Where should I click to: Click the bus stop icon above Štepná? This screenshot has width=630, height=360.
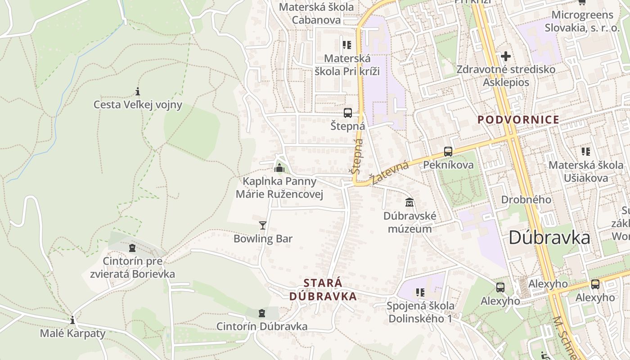click(x=347, y=113)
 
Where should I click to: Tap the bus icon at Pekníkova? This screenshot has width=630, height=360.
click(x=448, y=152)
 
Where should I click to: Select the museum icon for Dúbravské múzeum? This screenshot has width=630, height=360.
click(x=409, y=202)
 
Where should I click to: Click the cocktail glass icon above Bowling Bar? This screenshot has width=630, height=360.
click(x=263, y=225)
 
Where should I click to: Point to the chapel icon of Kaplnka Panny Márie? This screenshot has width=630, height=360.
click(x=279, y=168)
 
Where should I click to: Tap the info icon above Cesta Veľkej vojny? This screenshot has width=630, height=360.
click(x=138, y=92)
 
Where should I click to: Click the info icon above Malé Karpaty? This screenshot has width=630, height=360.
click(x=72, y=320)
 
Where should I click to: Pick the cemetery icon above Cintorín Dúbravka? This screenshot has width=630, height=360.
click(x=262, y=313)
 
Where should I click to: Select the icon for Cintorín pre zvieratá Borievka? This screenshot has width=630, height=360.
click(x=132, y=247)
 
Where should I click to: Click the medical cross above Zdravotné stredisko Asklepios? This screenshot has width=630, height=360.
click(x=506, y=56)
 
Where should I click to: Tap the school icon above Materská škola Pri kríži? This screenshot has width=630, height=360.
click(x=346, y=45)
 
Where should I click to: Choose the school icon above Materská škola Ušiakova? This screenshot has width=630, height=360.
click(x=585, y=151)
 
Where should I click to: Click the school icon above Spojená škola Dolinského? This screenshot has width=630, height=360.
click(x=420, y=292)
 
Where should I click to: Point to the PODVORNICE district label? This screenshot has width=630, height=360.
click(x=518, y=120)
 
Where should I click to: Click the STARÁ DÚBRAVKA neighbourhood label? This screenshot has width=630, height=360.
click(x=323, y=290)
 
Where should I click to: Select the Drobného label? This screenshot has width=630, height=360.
click(x=526, y=199)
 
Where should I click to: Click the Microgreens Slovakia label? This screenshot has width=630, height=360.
click(x=582, y=21)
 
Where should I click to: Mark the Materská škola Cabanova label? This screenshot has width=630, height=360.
click(x=316, y=13)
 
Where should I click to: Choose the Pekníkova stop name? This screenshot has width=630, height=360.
click(x=448, y=165)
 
